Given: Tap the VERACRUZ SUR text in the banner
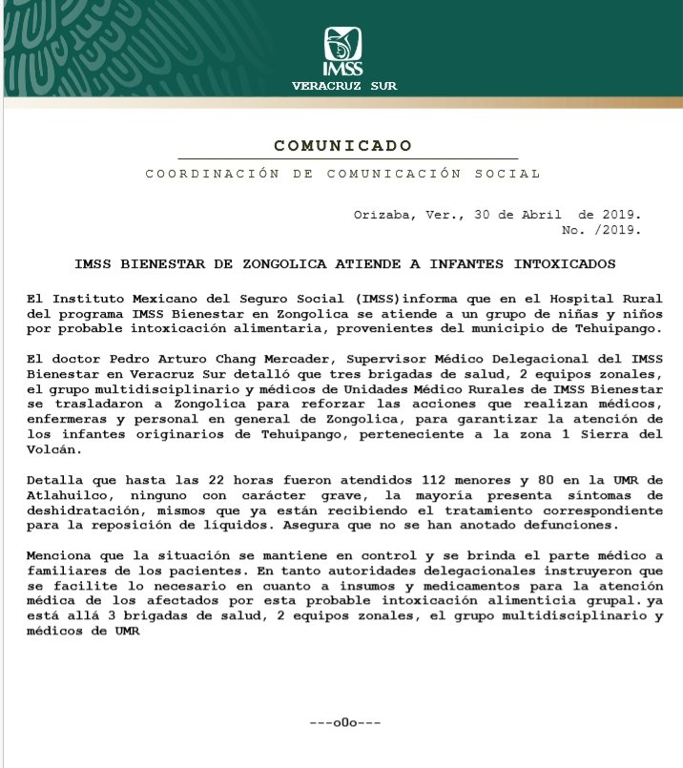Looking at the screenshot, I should coord(344,86).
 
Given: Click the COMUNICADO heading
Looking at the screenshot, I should coord(343,146).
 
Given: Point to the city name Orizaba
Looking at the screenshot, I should coord(383,216).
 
